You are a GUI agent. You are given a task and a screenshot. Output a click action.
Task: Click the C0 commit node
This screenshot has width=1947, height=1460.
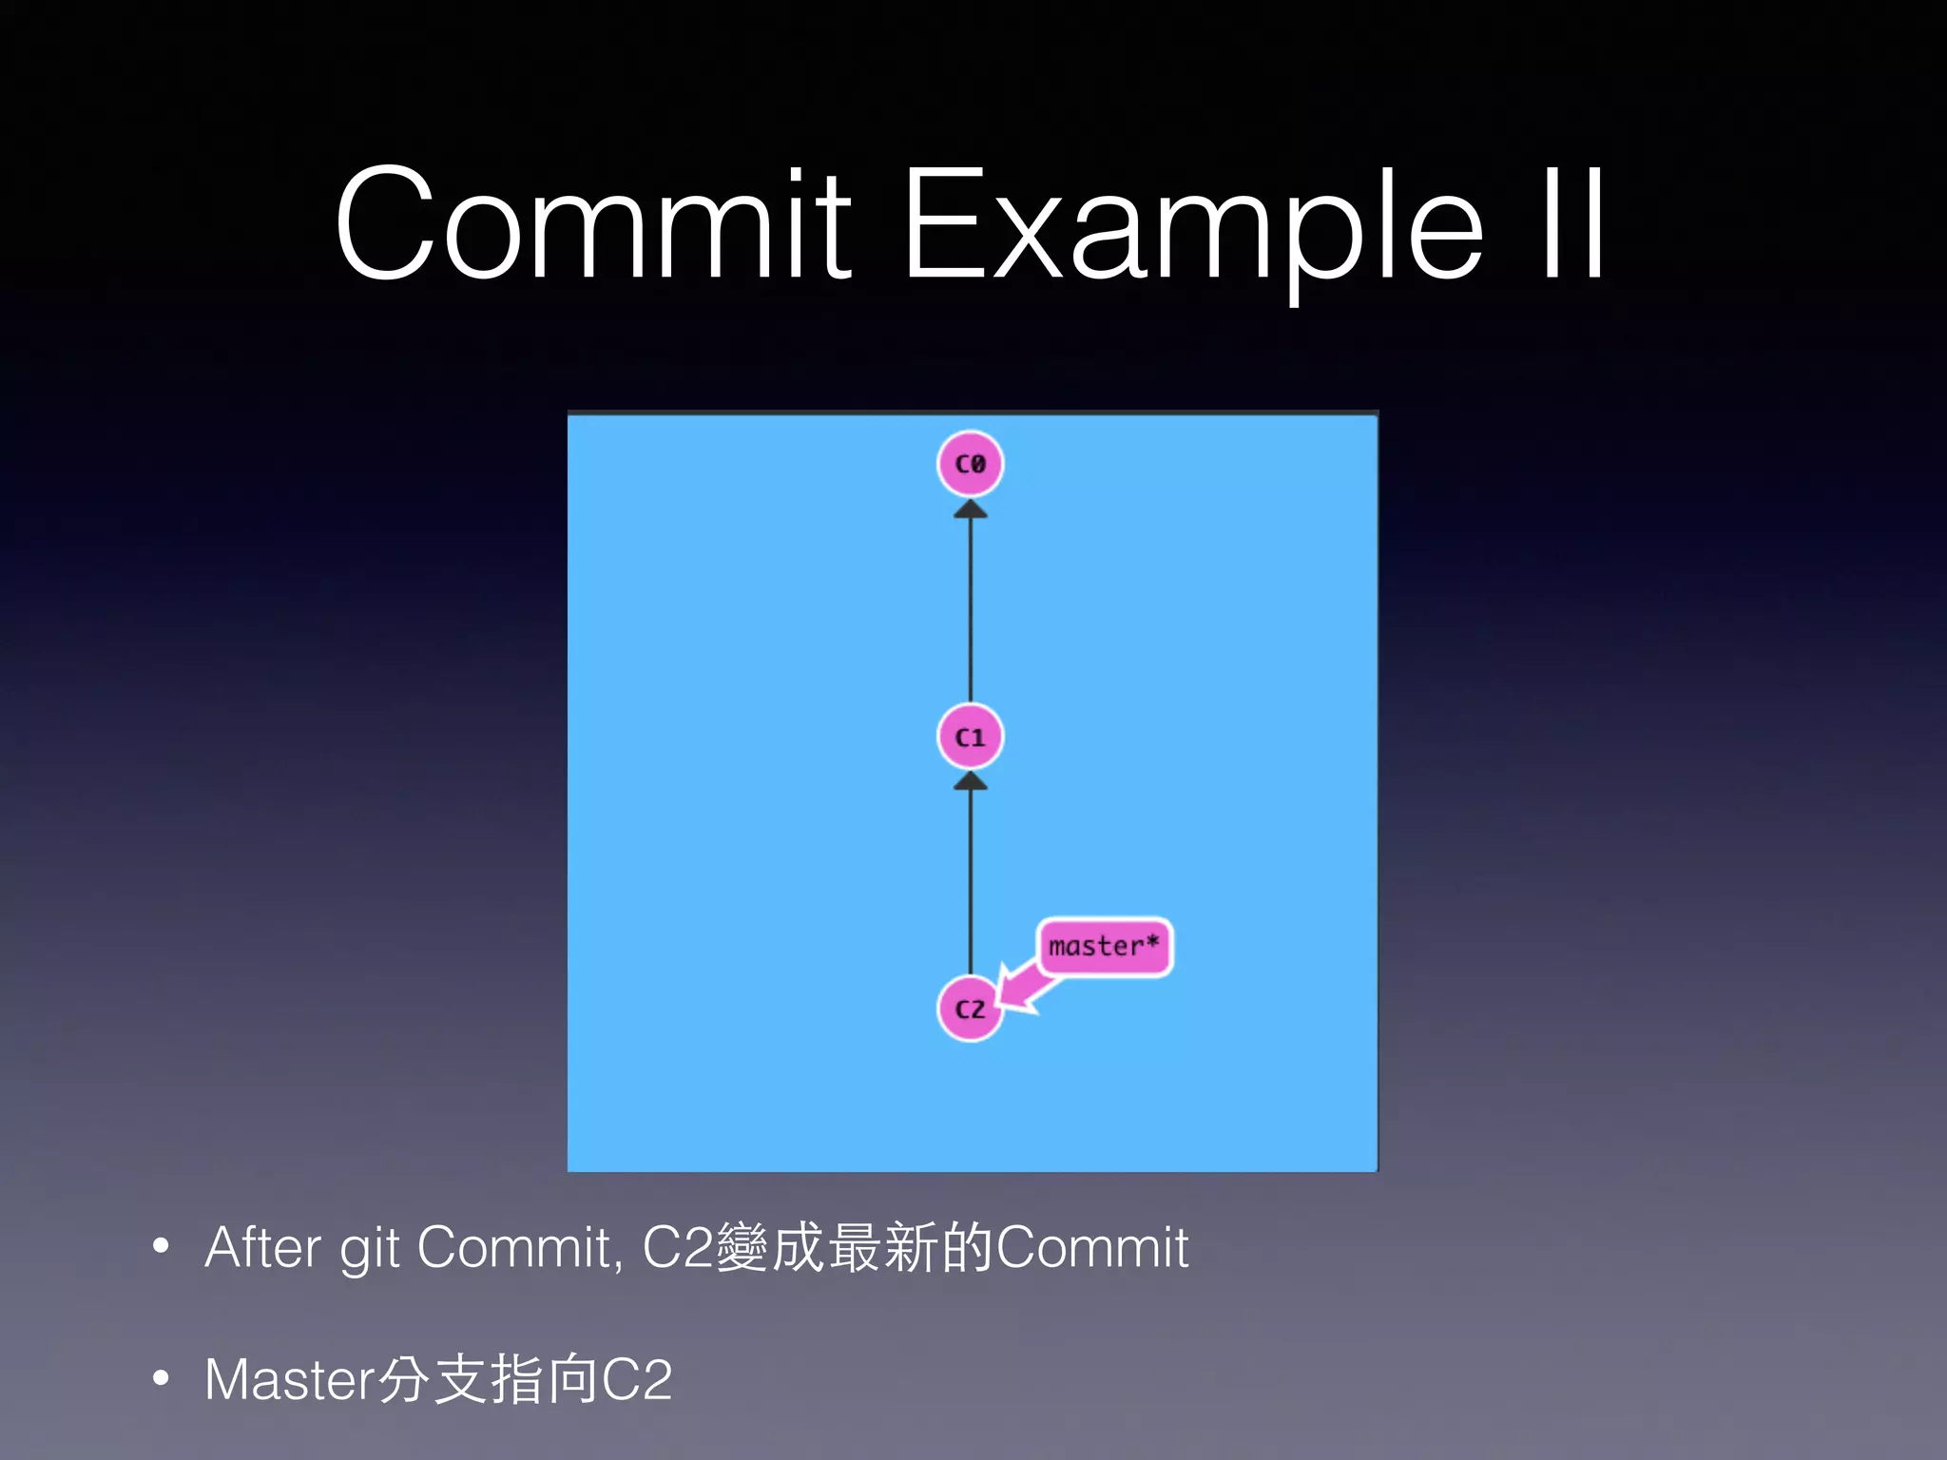pos(970,464)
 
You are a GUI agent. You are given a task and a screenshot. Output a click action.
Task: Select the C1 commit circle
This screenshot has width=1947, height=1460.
pos(970,737)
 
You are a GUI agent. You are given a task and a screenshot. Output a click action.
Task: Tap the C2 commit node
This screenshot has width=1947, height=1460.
pos(970,1009)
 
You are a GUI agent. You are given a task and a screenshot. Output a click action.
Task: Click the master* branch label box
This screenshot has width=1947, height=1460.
pos(1104,947)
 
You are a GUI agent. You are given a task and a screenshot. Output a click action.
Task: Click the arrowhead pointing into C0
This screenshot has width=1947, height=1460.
pos(971,509)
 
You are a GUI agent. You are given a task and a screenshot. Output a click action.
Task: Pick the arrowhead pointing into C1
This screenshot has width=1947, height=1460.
pos(971,781)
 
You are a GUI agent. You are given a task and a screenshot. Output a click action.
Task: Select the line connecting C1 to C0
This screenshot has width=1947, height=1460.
pos(971,608)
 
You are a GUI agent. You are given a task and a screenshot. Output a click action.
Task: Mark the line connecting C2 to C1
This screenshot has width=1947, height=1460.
pos(971,879)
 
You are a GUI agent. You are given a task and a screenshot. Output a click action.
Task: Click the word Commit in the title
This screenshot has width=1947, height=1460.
pos(593,225)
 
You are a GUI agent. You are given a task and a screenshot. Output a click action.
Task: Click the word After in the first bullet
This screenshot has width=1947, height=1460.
pos(262,1247)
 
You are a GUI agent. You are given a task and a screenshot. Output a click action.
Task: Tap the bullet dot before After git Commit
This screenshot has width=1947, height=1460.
pos(161,1246)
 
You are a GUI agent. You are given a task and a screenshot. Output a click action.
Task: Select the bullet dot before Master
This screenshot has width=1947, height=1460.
pos(161,1377)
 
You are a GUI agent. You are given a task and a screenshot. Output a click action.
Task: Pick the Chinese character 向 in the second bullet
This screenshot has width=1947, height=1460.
pos(573,1380)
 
